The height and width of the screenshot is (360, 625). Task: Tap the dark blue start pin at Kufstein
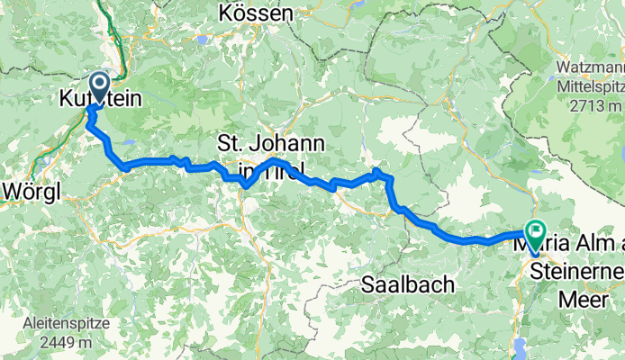(97, 87)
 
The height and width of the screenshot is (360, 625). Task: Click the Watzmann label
(591, 67)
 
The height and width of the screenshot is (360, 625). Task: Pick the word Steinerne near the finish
(576, 271)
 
